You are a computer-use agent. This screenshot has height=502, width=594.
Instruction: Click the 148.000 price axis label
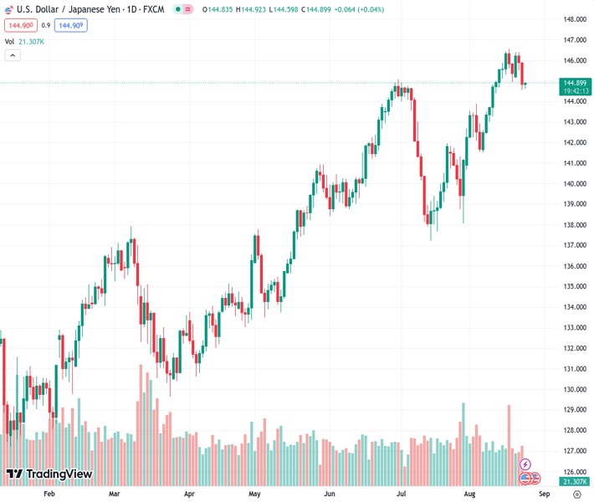[x=574, y=19]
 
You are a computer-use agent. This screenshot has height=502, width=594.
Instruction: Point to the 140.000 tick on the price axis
[x=574, y=184]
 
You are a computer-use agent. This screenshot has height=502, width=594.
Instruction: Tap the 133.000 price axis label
[x=574, y=328]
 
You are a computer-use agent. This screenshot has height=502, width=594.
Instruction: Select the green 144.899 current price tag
[x=574, y=82]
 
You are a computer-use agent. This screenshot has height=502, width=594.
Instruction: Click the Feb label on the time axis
[x=49, y=494]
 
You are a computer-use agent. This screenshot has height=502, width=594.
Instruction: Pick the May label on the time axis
[x=255, y=494]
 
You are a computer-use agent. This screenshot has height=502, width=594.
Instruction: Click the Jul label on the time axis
[x=402, y=494]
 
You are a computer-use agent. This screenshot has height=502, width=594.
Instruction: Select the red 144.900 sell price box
[x=20, y=25]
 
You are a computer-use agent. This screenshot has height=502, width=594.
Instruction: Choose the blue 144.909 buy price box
[x=70, y=25]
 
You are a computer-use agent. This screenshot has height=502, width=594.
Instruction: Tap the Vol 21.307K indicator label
[x=24, y=41]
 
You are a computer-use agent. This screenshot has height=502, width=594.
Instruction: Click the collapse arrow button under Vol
[x=13, y=55]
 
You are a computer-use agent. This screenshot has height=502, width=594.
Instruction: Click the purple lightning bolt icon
[x=525, y=464]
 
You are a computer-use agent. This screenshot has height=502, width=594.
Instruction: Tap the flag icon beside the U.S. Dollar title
[x=9, y=8]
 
